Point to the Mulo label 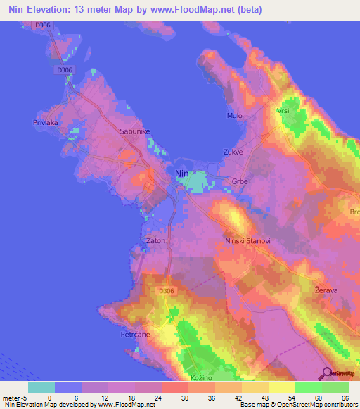[x=234, y=115]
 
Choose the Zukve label [x=233, y=151]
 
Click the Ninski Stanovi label [x=247, y=241]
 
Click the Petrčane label [x=132, y=335]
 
